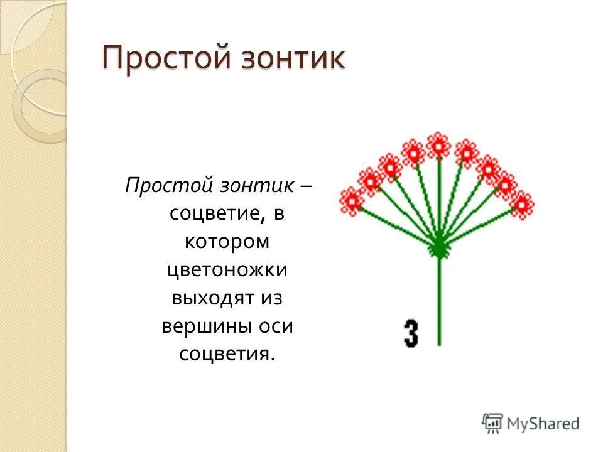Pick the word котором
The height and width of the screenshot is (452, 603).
click(227, 242)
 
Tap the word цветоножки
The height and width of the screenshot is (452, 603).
click(227, 270)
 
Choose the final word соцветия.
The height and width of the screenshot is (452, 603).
click(227, 353)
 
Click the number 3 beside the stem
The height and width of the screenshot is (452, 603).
click(411, 333)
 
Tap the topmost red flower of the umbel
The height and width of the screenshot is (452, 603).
click(438, 146)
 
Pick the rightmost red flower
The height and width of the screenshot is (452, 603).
click(521, 204)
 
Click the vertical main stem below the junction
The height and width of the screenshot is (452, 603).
click(438, 301)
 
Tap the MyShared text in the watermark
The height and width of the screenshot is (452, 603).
click(543, 424)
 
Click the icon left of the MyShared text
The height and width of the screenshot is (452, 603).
click(493, 423)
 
